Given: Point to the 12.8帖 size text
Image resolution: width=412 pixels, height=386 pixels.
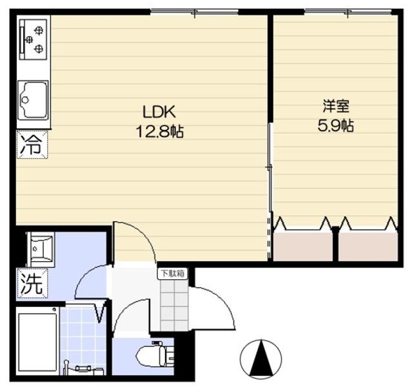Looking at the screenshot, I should [x=159, y=132].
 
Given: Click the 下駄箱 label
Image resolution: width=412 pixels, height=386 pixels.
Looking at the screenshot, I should [x=172, y=273].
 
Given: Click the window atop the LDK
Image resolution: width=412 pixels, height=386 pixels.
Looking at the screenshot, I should [x=194, y=12].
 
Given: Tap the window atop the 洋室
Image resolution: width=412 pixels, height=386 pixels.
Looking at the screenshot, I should [x=348, y=12].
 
